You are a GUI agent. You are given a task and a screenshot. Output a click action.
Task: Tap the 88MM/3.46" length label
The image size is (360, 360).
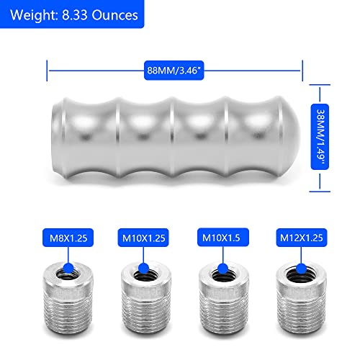174,70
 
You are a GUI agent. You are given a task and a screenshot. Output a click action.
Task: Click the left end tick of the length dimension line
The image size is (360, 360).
48,70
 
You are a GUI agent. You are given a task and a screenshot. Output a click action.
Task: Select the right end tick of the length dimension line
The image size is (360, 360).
301,70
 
